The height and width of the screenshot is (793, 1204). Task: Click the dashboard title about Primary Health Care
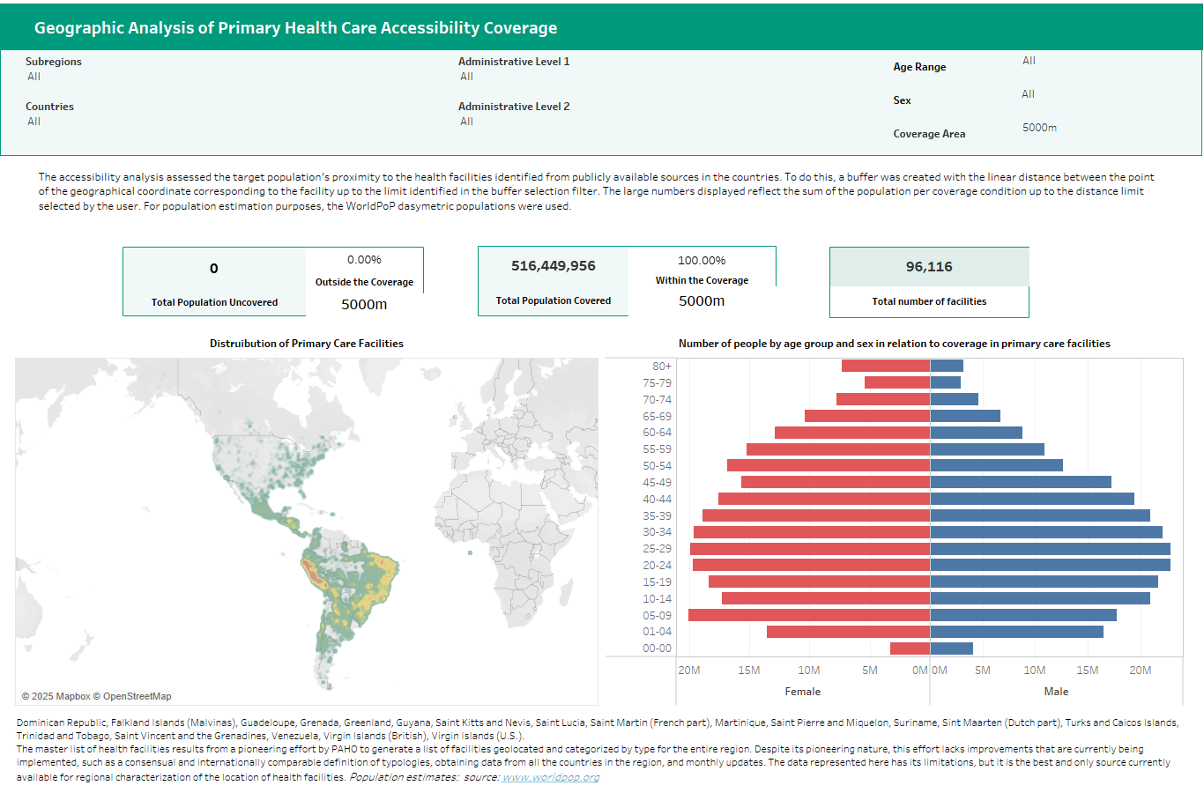pos(295,27)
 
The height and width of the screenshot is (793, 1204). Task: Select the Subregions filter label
pos(54,62)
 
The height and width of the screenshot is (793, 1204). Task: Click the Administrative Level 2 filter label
pos(514,107)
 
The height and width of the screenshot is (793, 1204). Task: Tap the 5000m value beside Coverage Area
pos(1039,128)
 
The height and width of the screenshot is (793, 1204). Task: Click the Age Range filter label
pos(919,67)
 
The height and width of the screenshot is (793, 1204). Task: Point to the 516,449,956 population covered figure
pos(554,266)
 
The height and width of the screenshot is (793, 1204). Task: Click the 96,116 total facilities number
pos(929,267)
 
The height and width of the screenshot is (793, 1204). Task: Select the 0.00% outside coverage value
pos(364,260)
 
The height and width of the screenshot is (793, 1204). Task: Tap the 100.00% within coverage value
pos(702,261)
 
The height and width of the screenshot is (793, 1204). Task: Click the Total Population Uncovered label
pos(214,302)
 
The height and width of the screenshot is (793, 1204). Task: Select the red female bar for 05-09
pos(808,615)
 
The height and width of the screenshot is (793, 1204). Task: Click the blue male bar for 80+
pos(947,366)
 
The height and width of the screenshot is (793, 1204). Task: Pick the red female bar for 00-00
pos(910,648)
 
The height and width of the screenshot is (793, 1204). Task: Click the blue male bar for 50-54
pos(996,465)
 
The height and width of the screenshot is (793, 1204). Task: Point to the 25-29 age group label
pos(657,549)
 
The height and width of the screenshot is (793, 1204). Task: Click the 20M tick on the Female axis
pos(689,671)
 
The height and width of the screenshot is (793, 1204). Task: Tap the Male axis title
pos(1056,692)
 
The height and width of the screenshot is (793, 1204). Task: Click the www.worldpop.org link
pos(551,777)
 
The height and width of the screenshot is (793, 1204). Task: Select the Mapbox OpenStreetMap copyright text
pos(97,696)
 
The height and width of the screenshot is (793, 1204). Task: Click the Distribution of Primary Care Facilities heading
pos(307,344)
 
